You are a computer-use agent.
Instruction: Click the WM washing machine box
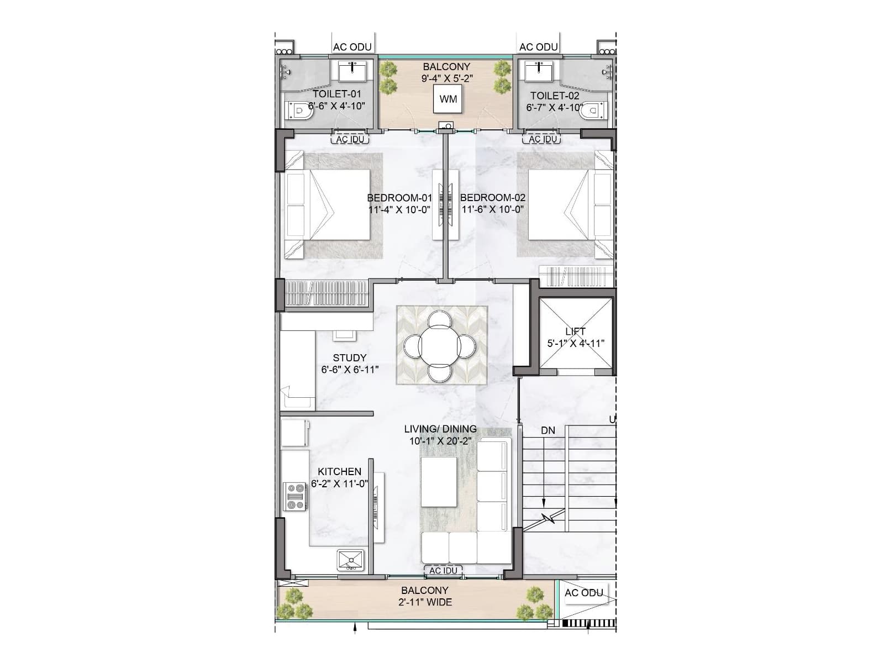[448, 99]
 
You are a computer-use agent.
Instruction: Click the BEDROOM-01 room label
[399, 198]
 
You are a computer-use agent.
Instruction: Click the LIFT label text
[575, 331]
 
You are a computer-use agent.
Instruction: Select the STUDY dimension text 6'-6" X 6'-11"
[350, 370]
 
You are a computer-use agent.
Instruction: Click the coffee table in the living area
[439, 481]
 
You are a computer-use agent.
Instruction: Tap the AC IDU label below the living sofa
[443, 570]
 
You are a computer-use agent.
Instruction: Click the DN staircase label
[548, 430]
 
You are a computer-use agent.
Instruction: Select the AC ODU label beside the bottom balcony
[583, 593]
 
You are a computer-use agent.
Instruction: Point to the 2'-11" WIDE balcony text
[425, 602]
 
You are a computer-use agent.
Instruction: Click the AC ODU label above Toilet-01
[352, 48]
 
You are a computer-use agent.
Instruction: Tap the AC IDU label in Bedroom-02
[543, 139]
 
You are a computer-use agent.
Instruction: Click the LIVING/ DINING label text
[440, 429]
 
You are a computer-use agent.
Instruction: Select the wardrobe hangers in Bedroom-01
[326, 293]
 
